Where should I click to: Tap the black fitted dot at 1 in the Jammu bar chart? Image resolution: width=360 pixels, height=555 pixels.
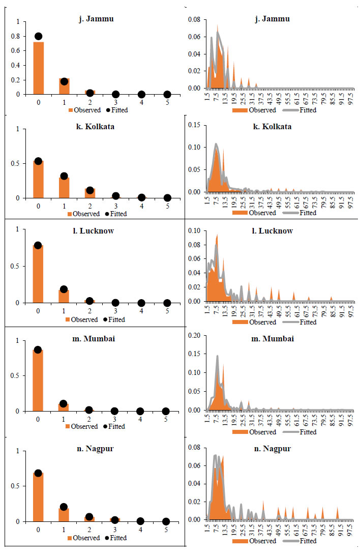coord(64,81)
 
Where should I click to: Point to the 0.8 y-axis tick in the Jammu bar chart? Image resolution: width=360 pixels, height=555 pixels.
coord(19,37)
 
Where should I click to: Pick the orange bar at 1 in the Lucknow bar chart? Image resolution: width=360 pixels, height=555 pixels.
coord(64,297)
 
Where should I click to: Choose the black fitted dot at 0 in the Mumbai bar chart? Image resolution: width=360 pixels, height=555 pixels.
coord(39,350)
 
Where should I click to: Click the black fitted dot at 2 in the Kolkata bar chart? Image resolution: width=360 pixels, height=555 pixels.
coord(89,190)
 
